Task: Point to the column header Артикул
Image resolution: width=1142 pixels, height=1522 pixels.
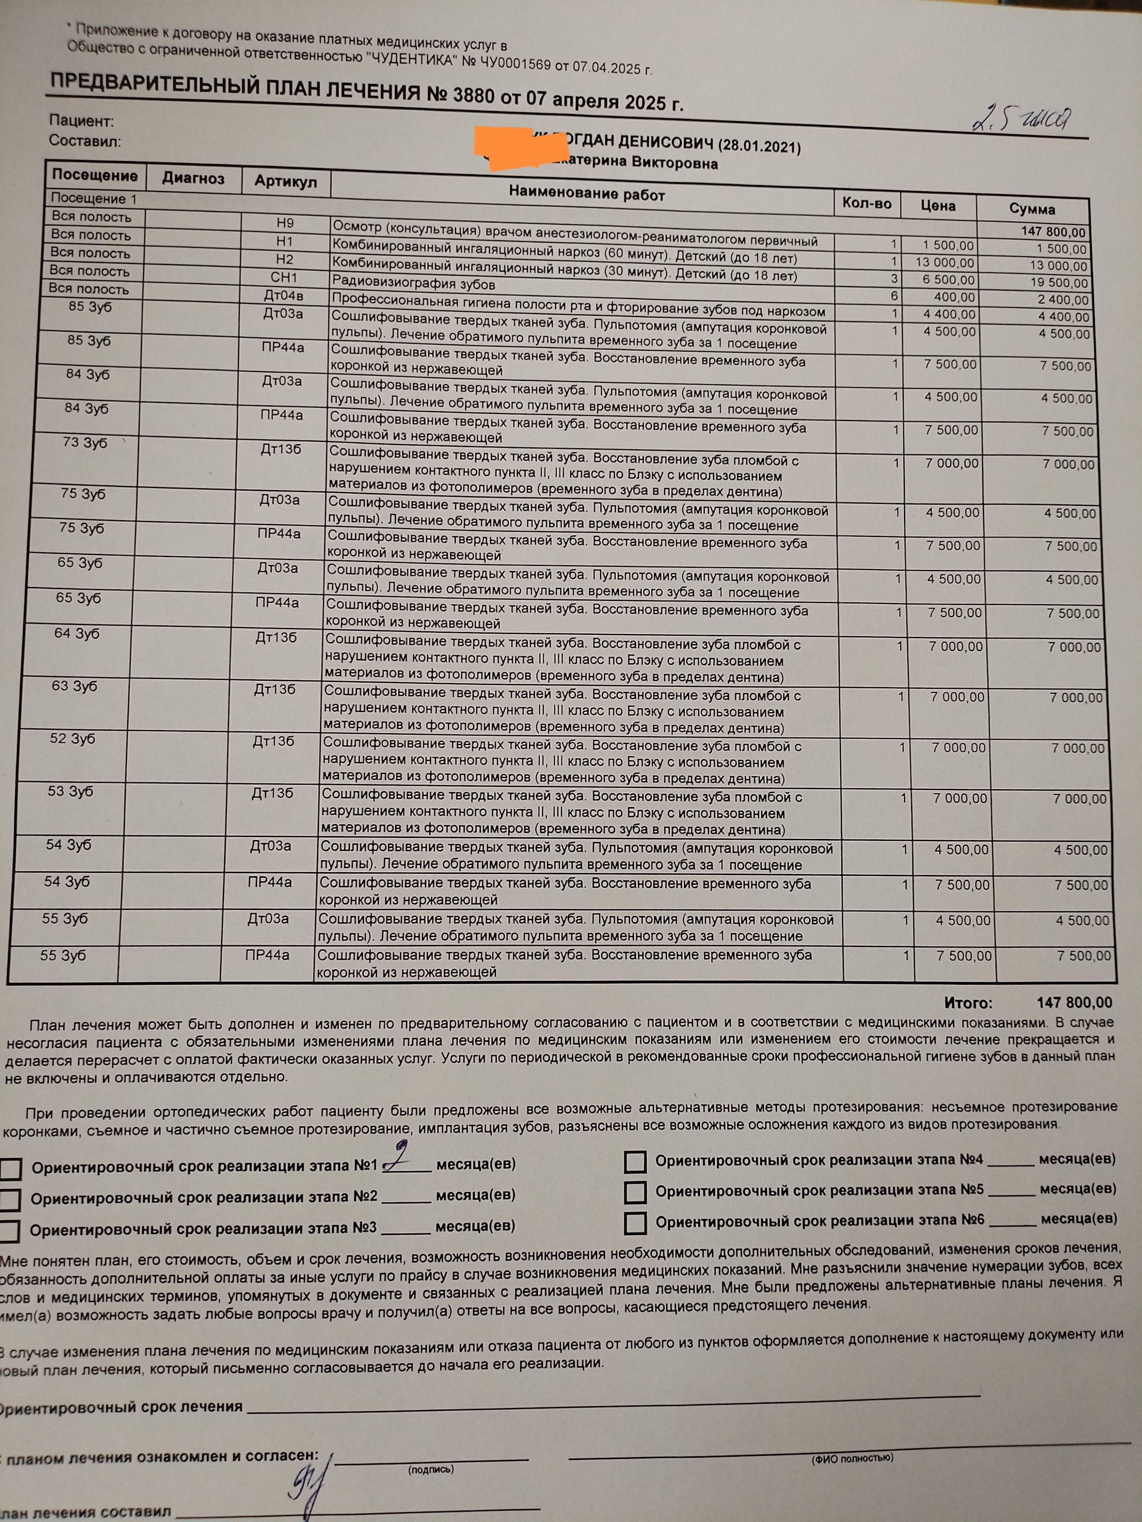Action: coord(285,181)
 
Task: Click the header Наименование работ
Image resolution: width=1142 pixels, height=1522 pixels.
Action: coord(587,194)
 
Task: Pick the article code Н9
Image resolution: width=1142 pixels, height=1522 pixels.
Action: coord(285,223)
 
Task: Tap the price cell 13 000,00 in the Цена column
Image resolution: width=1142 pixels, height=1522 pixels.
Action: coord(944,263)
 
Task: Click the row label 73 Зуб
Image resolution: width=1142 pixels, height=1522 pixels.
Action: coord(85,443)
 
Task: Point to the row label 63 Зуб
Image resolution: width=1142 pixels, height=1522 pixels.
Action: coord(74,686)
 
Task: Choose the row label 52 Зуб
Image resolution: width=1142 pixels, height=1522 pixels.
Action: coord(72,739)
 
